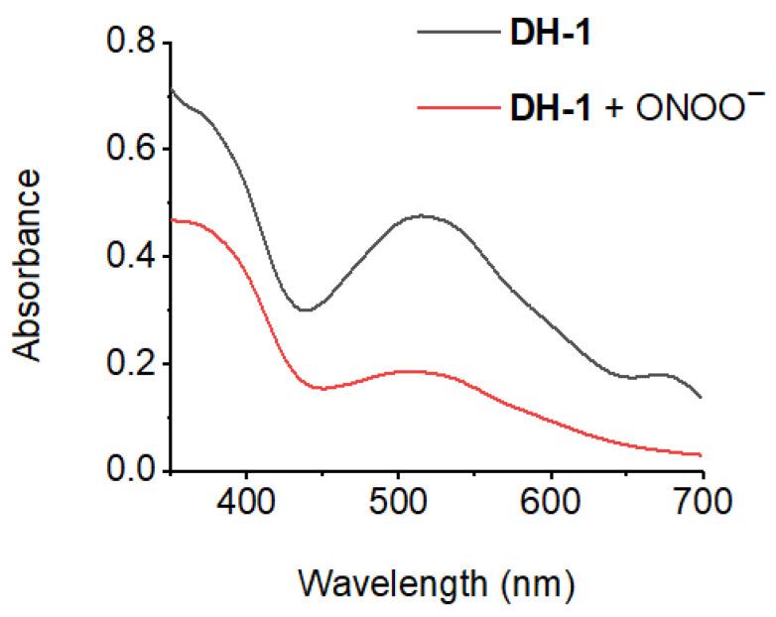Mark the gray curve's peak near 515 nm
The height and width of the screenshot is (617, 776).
click(422, 215)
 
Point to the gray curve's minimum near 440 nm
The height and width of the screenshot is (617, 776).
click(305, 309)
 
